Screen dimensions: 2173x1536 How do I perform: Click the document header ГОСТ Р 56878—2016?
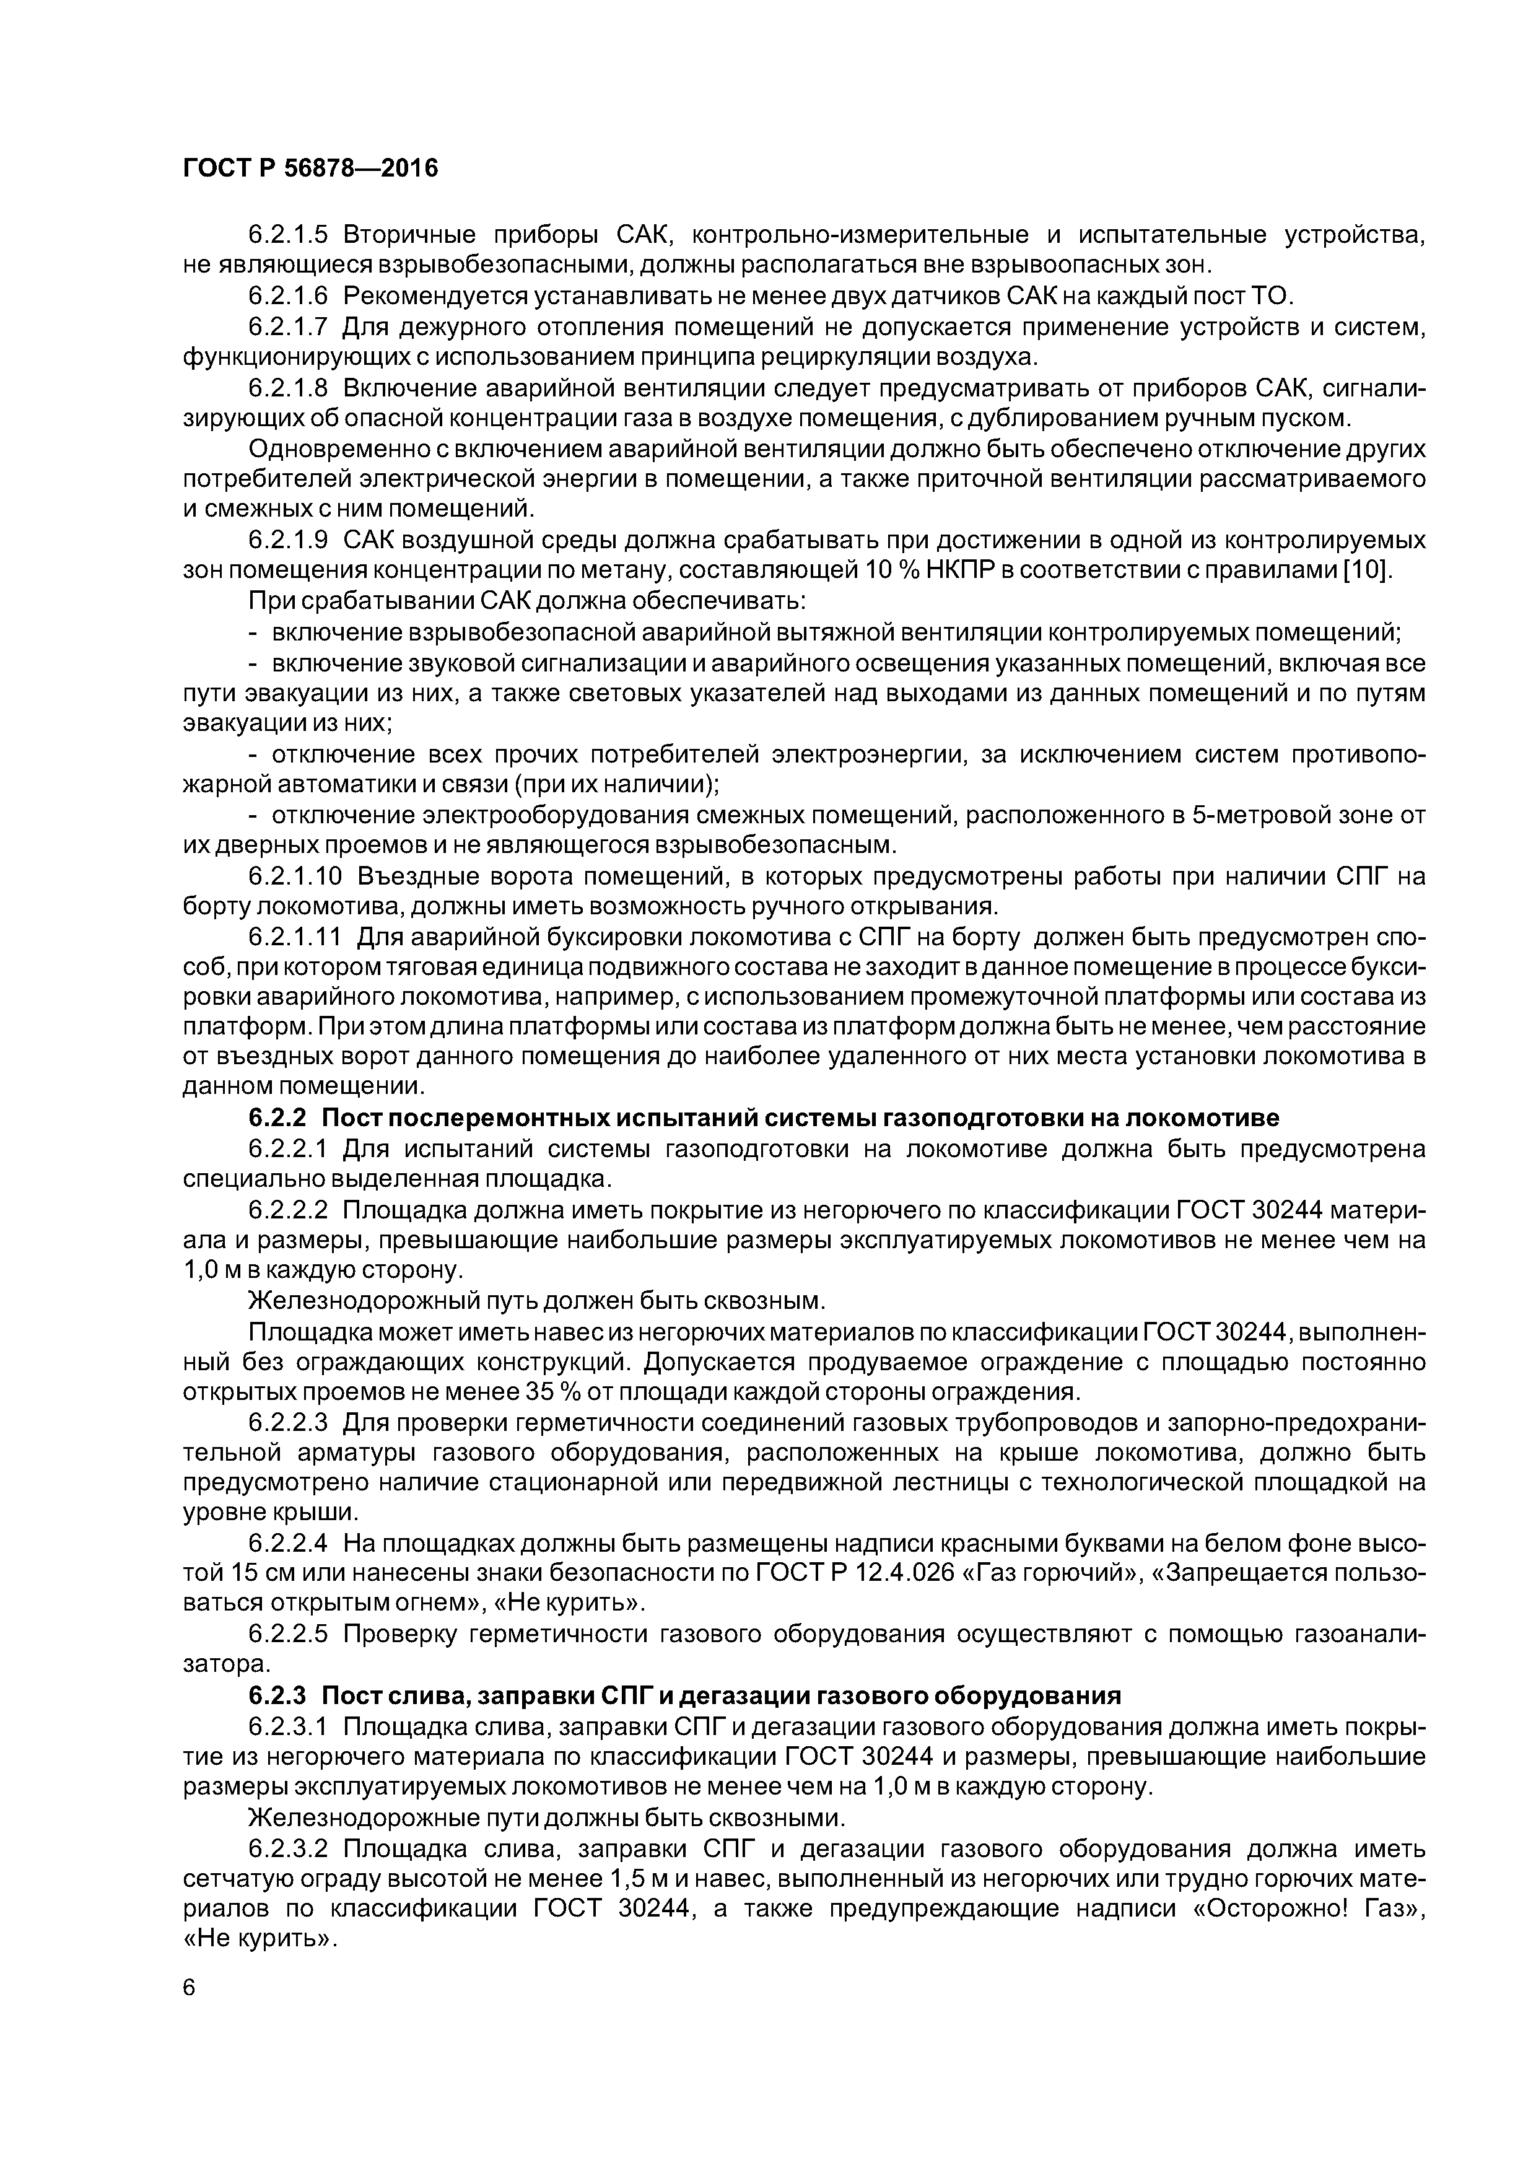tap(310, 168)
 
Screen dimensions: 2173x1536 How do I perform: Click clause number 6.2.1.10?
tap(294, 877)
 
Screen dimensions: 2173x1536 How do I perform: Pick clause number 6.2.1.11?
tap(294, 938)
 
